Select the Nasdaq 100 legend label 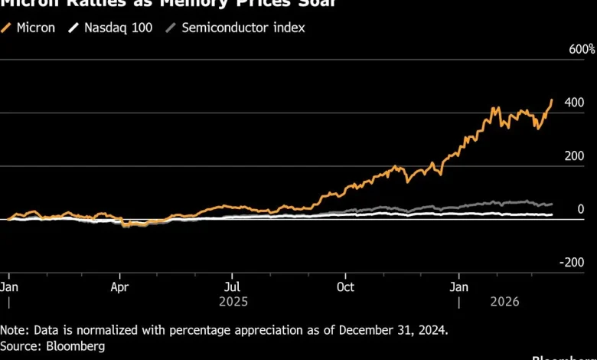pos(118,28)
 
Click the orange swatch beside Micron pos(8,28)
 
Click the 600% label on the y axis pos(581,49)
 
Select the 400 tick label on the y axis pos(575,103)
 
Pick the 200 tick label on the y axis pos(575,156)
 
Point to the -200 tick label pos(573,262)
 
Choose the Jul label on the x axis pos(232,286)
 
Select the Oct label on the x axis pos(345,286)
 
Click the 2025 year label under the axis pos(233,302)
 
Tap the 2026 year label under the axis pos(503,302)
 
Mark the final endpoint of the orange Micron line pos(552,100)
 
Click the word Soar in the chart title pos(298,4)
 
